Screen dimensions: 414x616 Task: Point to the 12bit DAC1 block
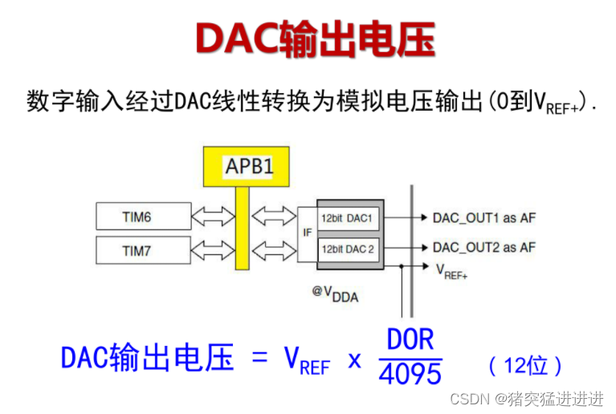coord(348,218)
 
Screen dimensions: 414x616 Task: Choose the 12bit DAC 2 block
coord(348,249)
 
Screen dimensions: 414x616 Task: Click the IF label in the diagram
coord(307,233)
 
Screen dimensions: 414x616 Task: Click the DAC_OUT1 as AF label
coord(483,217)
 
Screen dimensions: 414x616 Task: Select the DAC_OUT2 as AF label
coord(483,247)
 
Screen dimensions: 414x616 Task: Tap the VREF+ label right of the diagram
coord(451,271)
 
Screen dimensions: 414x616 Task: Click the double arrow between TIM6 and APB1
coord(211,217)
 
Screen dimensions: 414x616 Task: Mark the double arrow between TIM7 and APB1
coord(211,250)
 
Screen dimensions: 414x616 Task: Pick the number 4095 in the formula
coord(410,372)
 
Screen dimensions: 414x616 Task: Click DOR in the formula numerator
coord(410,340)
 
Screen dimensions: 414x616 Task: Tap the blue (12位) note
coord(526,366)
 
